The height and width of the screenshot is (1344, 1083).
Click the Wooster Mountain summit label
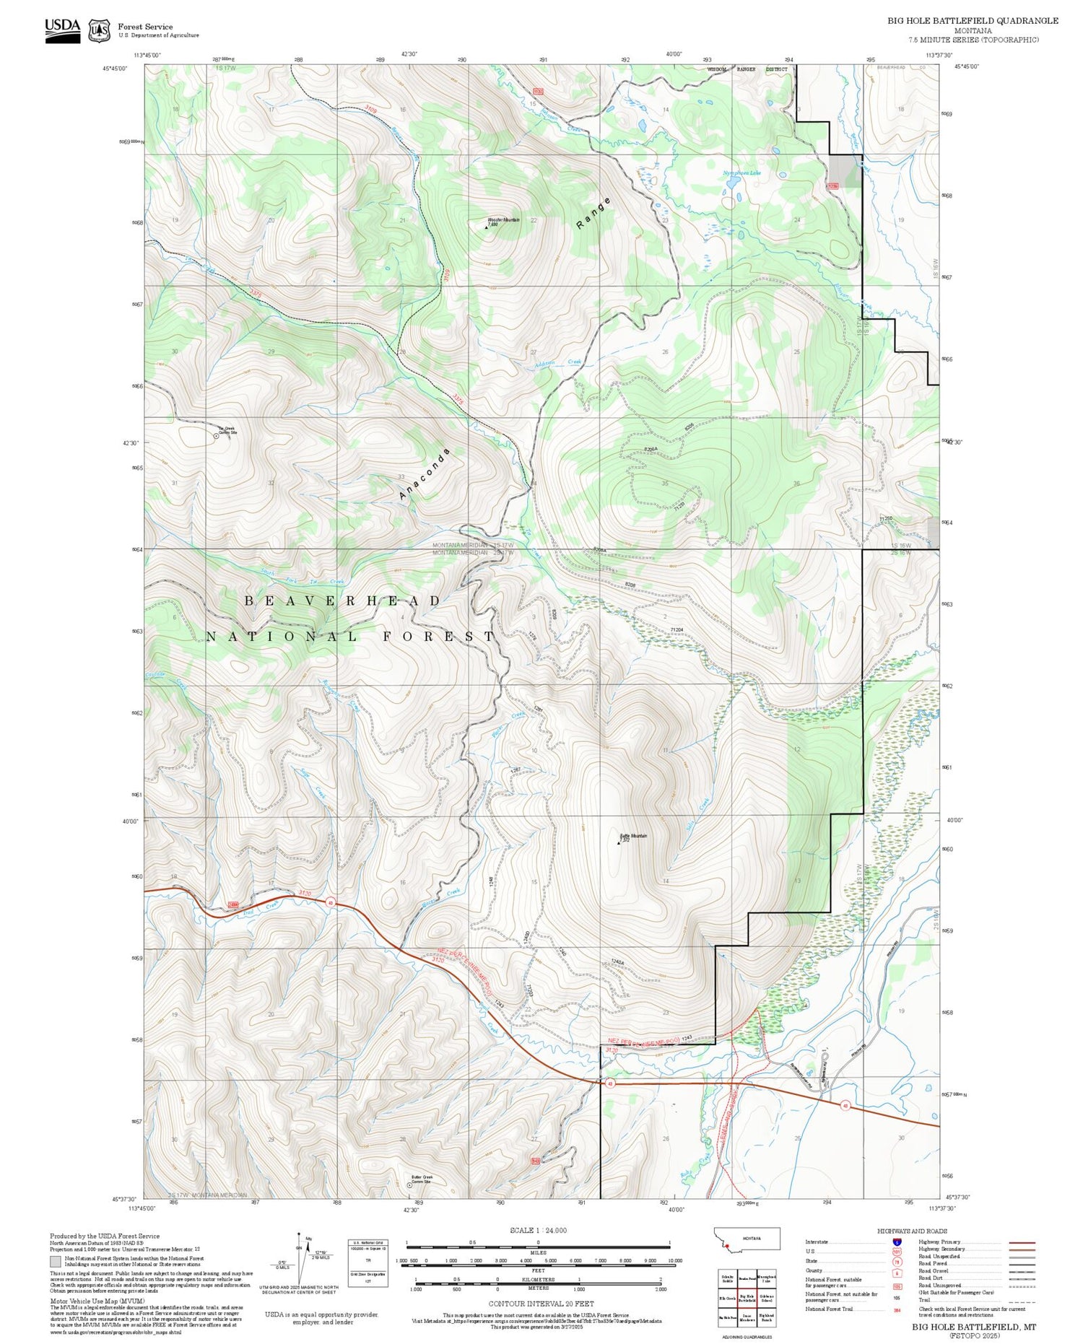pos(503,221)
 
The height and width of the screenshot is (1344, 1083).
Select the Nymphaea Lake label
pos(741,173)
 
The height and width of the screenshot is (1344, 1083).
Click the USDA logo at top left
pos(63,30)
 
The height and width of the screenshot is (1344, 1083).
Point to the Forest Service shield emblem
pos(99,30)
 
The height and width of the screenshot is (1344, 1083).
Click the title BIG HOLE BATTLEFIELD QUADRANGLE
pos(973,21)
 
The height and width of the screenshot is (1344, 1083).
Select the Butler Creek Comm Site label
pos(422,1179)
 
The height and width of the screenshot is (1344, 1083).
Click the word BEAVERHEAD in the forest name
pos(343,601)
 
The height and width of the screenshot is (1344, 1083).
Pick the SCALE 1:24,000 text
pos(538,1231)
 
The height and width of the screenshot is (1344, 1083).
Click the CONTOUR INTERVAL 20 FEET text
pos(541,1304)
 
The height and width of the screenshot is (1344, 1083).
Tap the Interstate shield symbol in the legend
pos(896,1242)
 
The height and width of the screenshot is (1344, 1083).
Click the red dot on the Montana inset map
pos(727,1246)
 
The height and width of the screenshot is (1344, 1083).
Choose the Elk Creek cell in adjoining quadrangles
pos(727,1298)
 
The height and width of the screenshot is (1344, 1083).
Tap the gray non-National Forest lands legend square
pos(55,1262)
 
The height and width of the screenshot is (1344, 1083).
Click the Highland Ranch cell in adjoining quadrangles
pos(767,1317)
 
